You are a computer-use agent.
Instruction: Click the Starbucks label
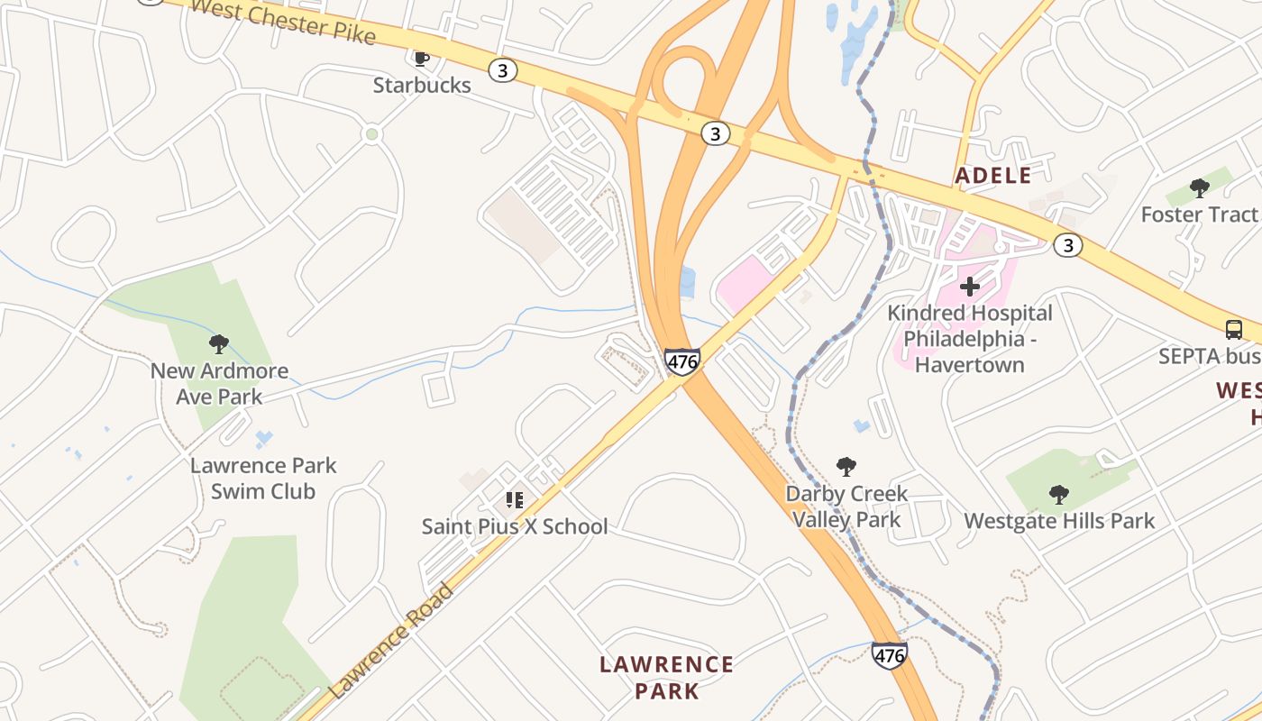click(422, 85)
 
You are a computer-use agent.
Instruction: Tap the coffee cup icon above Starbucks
click(420, 59)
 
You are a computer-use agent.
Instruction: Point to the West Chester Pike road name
click(283, 21)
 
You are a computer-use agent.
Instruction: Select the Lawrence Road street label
click(392, 642)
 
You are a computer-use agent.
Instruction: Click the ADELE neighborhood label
click(993, 176)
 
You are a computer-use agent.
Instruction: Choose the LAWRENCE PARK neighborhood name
click(666, 678)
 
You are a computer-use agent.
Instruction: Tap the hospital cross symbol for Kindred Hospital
click(970, 287)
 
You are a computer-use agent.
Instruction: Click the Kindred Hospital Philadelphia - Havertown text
click(970, 339)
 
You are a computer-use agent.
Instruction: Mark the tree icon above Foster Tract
click(1199, 187)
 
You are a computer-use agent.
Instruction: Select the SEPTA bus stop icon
click(1233, 330)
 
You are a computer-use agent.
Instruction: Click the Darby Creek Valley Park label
click(846, 507)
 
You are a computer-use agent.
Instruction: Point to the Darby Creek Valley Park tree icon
click(846, 466)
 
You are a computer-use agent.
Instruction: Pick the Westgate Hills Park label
click(1059, 521)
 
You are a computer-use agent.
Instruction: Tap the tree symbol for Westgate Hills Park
click(1059, 494)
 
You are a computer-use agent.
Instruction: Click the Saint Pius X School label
click(515, 526)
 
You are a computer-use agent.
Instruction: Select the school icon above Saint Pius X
click(515, 499)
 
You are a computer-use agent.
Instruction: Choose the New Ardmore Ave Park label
click(219, 383)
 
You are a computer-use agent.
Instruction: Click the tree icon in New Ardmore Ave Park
click(218, 343)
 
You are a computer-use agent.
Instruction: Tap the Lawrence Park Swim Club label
click(263, 479)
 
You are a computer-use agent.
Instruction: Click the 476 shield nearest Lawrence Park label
click(889, 656)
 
